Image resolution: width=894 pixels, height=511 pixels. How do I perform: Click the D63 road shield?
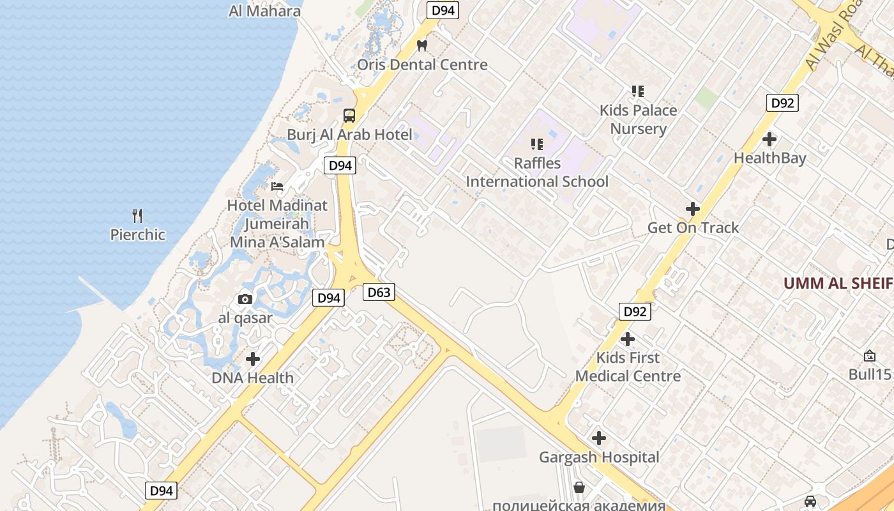click(379, 293)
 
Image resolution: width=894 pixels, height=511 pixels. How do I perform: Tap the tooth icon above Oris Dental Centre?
click(421, 45)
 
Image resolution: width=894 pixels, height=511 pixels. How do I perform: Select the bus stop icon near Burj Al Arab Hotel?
click(349, 116)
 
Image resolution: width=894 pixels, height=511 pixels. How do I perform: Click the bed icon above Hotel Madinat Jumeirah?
click(277, 187)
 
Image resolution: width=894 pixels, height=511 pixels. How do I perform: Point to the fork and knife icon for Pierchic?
click(137, 215)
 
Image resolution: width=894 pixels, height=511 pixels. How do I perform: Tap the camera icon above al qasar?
click(245, 299)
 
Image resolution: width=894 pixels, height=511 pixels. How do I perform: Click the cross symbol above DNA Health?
click(253, 359)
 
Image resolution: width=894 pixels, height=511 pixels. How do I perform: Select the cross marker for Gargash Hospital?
click(598, 438)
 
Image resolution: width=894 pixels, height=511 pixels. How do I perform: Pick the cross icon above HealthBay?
click(769, 139)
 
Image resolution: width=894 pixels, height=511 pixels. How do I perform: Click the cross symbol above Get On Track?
click(693, 209)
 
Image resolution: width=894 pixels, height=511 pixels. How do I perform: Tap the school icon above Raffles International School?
click(536, 144)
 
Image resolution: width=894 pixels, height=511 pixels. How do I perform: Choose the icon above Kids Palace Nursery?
click(637, 91)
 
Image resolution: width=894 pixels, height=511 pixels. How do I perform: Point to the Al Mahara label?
click(264, 11)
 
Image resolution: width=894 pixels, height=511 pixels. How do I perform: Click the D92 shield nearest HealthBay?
click(782, 103)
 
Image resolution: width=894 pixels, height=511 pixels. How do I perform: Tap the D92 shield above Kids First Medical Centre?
click(635, 312)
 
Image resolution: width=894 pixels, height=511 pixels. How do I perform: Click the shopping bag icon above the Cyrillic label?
click(579, 488)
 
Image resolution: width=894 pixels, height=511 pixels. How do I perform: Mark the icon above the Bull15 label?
click(869, 356)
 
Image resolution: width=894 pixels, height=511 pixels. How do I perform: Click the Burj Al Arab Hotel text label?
click(349, 135)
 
